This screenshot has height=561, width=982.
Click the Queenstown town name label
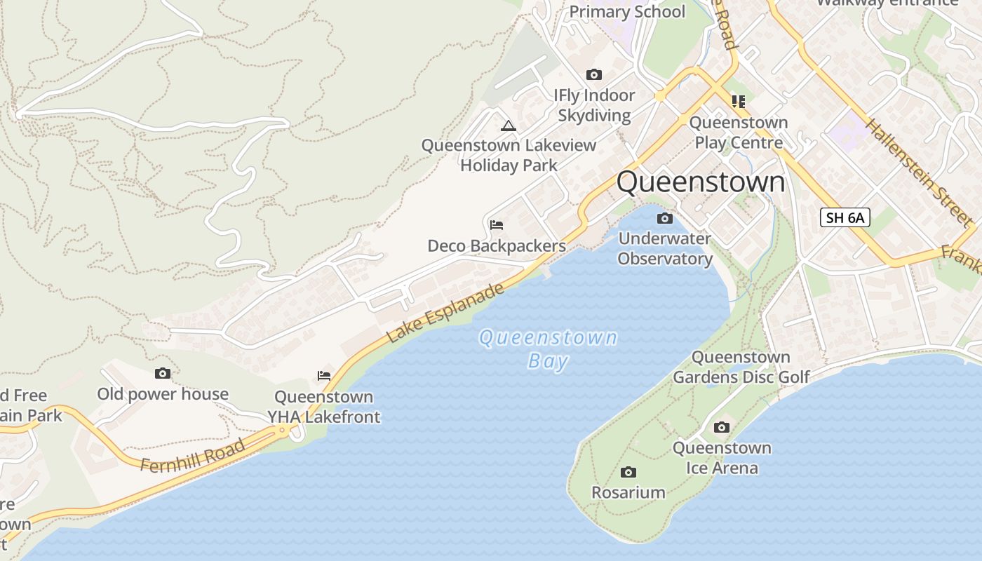coord(701,182)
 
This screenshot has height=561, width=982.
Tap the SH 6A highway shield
coord(845,217)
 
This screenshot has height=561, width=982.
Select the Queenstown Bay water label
coord(548,349)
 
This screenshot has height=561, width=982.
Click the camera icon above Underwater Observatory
coord(664,219)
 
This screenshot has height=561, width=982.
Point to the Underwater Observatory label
coord(665,249)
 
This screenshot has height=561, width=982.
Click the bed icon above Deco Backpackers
coord(497,225)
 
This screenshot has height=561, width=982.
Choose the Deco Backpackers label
coord(497,246)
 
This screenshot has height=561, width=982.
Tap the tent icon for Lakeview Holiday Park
coord(509,126)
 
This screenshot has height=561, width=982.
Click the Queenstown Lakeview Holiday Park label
coord(509,155)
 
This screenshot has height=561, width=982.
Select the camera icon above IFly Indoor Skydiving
coord(594,74)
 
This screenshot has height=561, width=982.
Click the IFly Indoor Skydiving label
coord(594,105)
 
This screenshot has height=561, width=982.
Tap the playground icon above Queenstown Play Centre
coord(738,102)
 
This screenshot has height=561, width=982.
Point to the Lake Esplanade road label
coord(445,313)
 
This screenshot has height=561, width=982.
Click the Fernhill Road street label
coord(193,456)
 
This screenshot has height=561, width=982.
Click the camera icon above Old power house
coord(163,374)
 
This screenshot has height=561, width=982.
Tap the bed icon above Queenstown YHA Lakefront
coord(323,376)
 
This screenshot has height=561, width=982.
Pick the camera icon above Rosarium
coord(628,472)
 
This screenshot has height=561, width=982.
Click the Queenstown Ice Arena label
coord(722,458)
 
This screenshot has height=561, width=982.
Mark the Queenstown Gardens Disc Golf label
coord(741,367)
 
